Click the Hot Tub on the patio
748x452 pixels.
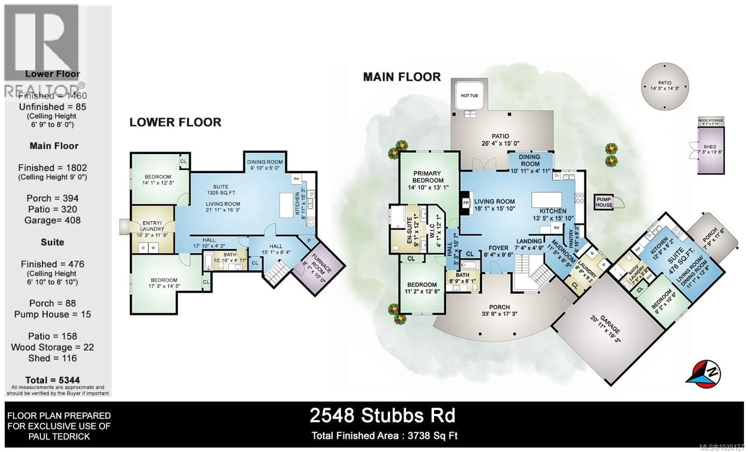coord(469,95)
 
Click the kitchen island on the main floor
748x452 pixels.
coord(546,200)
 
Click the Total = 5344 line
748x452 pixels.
coord(53,380)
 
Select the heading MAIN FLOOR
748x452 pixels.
coord(402,77)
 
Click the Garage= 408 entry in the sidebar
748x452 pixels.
coord(53,220)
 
